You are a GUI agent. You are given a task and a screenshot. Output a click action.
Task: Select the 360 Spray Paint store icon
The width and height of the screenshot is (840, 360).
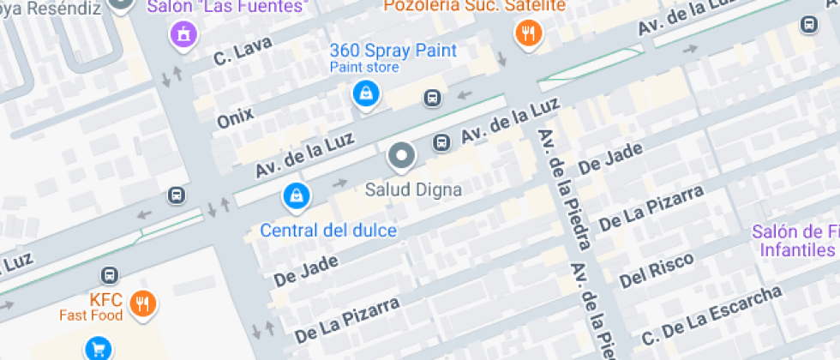[366, 93]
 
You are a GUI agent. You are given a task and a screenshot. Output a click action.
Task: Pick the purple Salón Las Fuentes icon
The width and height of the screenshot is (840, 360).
[182, 33]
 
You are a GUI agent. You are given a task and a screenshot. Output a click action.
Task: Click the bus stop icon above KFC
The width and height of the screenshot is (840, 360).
[109, 275]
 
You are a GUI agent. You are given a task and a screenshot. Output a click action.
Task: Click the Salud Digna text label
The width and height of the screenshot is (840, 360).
[414, 189]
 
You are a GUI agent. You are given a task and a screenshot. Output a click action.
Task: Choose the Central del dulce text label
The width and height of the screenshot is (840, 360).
[328, 231]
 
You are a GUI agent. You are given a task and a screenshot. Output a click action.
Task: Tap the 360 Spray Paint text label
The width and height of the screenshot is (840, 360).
[393, 51]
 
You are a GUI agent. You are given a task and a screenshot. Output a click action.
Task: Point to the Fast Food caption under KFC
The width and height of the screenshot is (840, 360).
[91, 315]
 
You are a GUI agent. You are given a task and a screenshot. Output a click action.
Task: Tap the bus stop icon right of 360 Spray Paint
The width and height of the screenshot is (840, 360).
[433, 99]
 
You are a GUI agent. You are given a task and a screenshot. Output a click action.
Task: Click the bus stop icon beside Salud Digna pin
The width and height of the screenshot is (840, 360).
[441, 142]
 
